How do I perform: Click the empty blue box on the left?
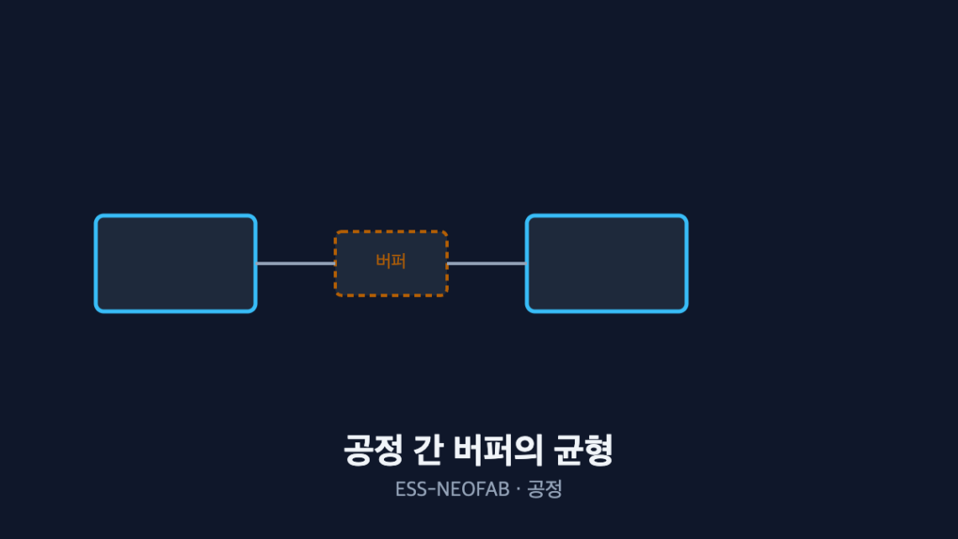[x=176, y=263]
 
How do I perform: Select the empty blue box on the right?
[x=607, y=263]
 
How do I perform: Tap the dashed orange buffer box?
[x=391, y=263]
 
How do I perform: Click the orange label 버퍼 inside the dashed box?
[x=391, y=261]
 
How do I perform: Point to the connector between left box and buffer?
[x=296, y=263]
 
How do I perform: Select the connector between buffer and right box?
[x=487, y=263]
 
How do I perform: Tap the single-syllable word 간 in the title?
[x=429, y=451]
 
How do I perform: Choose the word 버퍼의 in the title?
[x=498, y=451]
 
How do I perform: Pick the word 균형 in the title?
[x=583, y=451]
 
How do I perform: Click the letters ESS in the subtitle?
[x=411, y=489]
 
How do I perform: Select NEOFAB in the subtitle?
[x=473, y=489]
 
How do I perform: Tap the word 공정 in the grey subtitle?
[x=545, y=489]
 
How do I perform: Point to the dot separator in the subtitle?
[x=518, y=489]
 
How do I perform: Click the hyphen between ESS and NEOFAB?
[x=432, y=489]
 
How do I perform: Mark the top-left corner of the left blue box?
[x=95, y=215]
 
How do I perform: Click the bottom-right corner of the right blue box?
[x=687, y=312]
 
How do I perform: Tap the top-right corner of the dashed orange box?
[x=447, y=231]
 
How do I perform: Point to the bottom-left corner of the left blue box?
[x=95, y=312]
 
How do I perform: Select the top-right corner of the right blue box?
[x=687, y=215]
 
